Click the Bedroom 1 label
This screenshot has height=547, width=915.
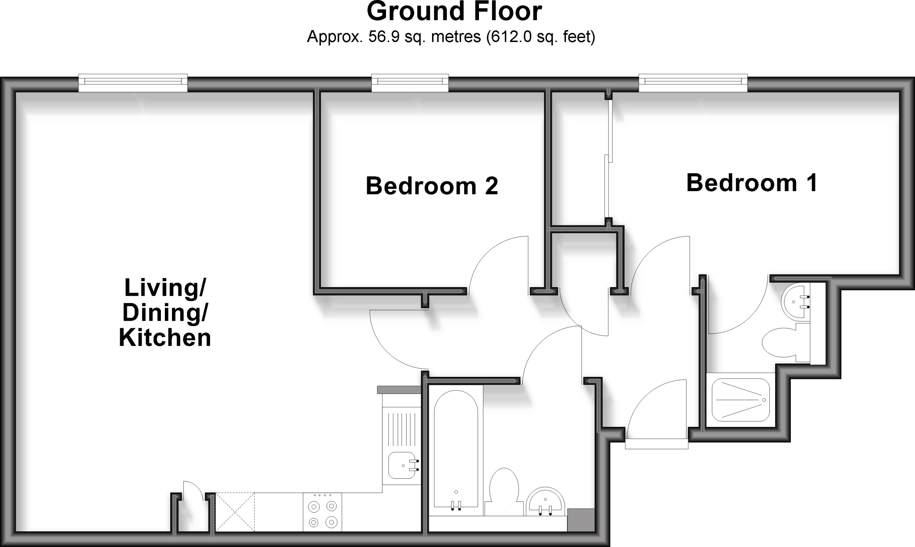tap(751, 183)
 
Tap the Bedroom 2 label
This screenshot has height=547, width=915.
tap(432, 186)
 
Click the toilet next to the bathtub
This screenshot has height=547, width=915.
tap(504, 491)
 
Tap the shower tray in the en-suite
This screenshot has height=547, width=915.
tap(741, 400)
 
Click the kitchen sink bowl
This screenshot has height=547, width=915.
tap(401, 465)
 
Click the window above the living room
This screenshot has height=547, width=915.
tap(133, 83)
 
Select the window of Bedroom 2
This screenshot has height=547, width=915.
tap(410, 83)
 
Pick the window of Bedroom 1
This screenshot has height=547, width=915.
tap(693, 83)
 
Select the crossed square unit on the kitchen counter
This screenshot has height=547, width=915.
tap(235, 512)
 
